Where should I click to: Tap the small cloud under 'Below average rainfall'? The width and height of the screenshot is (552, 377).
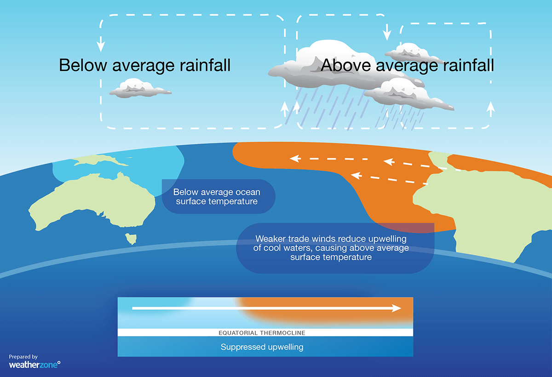[x=138, y=88]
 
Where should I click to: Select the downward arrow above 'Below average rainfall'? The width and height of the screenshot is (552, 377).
[x=101, y=46]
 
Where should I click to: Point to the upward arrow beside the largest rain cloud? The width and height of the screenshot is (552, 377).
[x=285, y=109]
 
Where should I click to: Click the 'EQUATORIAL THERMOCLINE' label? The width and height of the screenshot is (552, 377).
[x=262, y=332]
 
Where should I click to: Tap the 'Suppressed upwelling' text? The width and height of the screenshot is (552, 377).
[x=262, y=347]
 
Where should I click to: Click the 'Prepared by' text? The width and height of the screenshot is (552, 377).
[x=23, y=356]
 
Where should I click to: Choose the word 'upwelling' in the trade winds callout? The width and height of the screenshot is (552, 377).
[x=385, y=240]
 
